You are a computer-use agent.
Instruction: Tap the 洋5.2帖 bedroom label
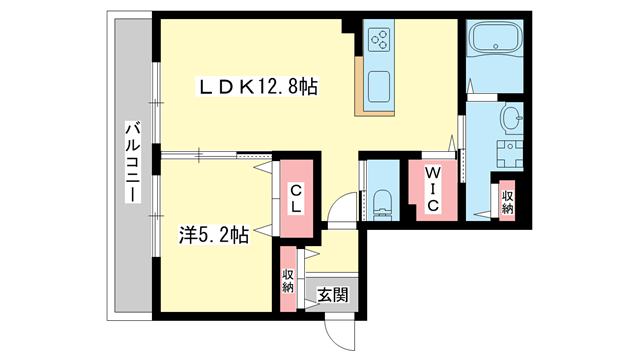pyautogui.click(x=214, y=236)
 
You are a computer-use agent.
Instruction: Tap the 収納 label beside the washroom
pyautogui.click(x=508, y=200)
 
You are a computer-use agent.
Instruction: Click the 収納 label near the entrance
pyautogui.click(x=288, y=281)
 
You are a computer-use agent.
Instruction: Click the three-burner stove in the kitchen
pyautogui.click(x=381, y=41)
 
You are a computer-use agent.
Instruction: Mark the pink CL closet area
pyautogui.click(x=297, y=190)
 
